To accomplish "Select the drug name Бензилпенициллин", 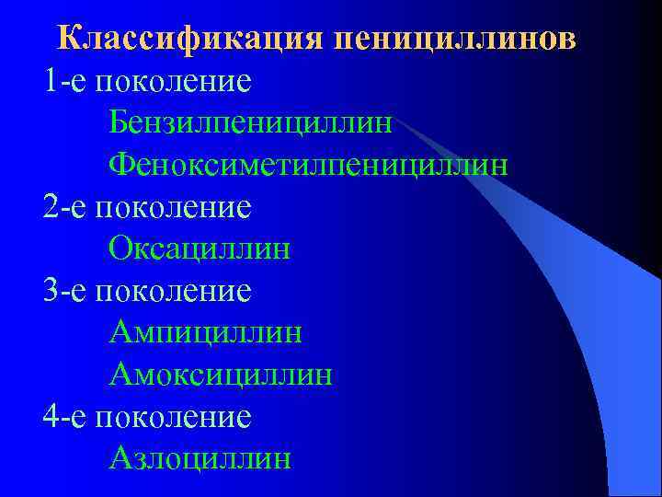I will point(250,121).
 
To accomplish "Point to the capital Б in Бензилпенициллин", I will point(119,121).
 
